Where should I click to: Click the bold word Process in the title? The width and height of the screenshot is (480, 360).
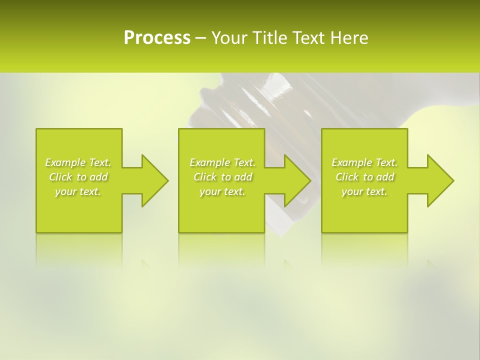157,37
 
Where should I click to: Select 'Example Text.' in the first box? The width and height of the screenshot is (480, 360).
78,162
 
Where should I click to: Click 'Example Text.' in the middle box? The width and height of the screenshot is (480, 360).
222,162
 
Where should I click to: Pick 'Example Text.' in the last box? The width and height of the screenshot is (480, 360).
364,162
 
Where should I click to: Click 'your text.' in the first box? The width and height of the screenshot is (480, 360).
78,191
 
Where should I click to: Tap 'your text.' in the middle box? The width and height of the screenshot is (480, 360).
222,191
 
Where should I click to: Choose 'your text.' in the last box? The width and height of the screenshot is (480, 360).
364,191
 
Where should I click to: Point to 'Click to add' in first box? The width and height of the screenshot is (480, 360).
78,177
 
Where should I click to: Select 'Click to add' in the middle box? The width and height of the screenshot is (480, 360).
222,177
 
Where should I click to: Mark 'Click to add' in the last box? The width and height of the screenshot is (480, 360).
364,177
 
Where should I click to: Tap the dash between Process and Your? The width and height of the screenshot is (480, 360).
200,38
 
